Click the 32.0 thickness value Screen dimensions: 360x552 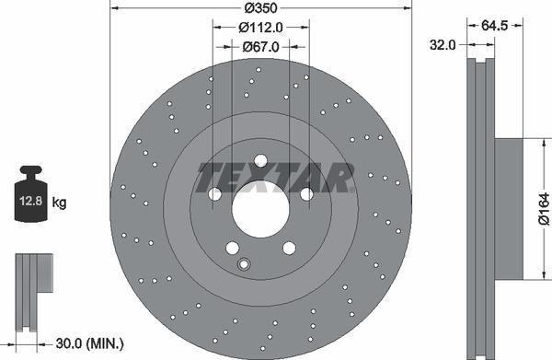tap(444, 43)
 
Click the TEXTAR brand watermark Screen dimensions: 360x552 tap(276, 177)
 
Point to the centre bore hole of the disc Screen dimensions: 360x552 tap(260, 208)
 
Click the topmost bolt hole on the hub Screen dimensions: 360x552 tap(260, 160)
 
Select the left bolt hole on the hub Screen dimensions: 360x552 tap(214, 194)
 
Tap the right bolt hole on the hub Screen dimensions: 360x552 tap(306, 194)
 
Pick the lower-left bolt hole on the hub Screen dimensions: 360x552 tap(232, 247)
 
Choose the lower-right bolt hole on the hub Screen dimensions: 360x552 tap(289, 247)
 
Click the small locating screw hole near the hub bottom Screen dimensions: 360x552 tap(244, 265)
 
